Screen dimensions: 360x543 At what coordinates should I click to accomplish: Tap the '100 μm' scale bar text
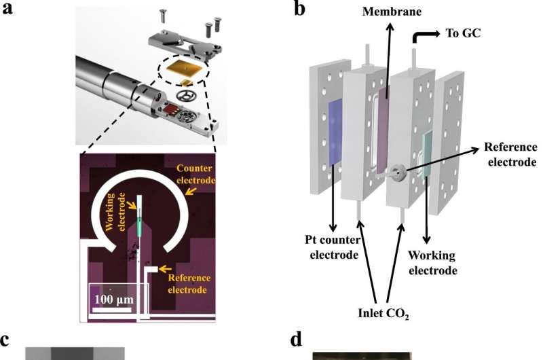[113, 300]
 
